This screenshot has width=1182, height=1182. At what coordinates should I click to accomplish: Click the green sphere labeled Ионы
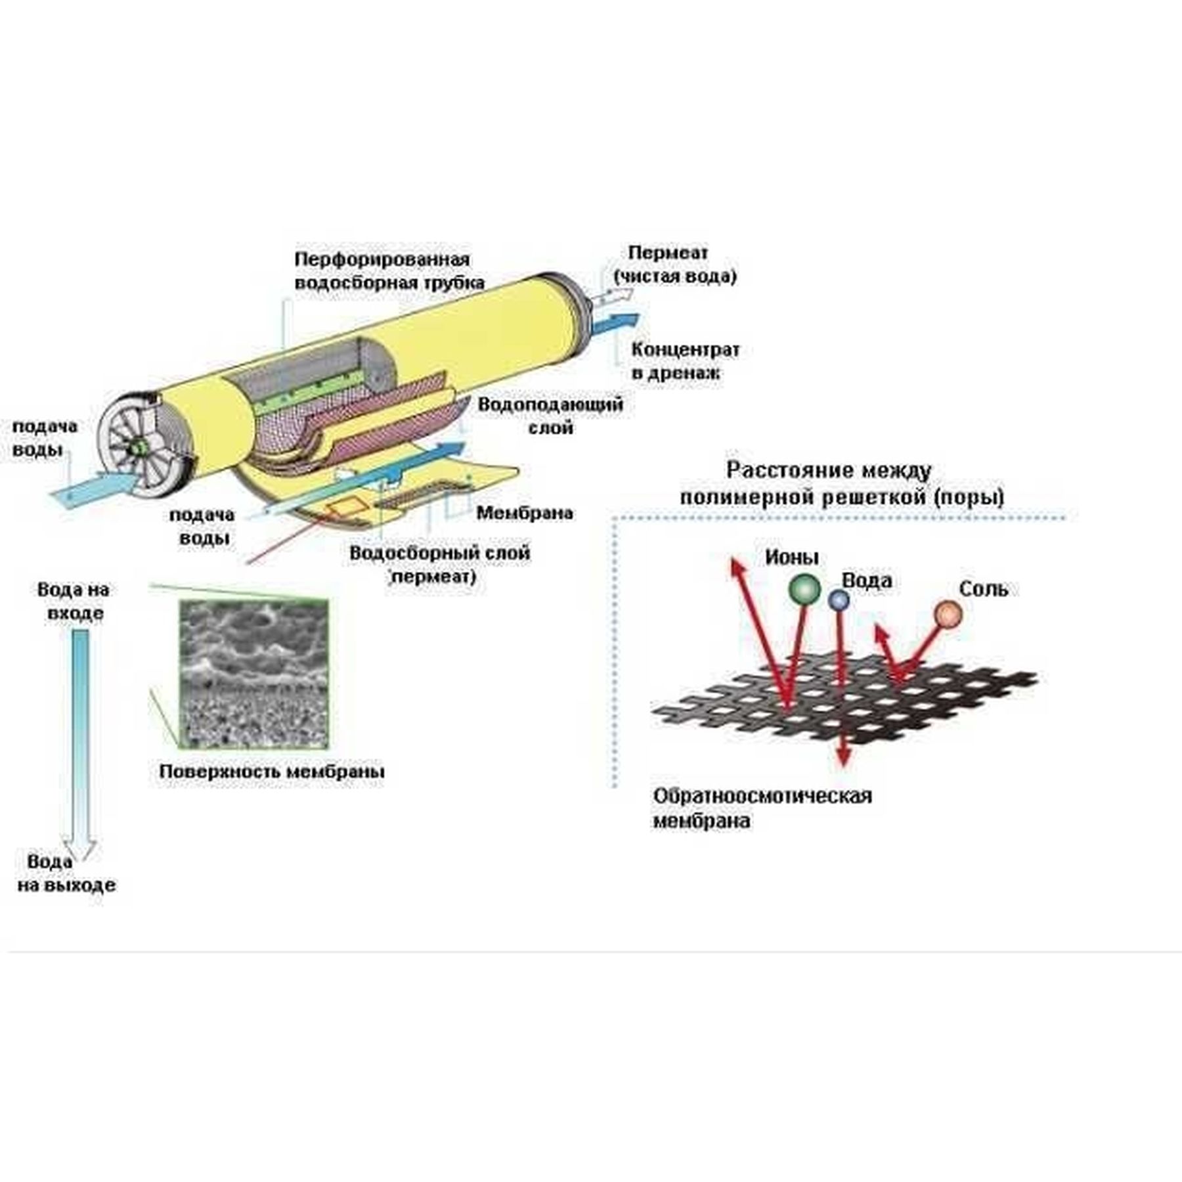point(804,589)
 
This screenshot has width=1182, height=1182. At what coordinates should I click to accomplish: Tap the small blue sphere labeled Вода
point(839,599)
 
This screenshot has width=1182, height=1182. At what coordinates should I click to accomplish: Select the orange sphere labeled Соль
point(949,615)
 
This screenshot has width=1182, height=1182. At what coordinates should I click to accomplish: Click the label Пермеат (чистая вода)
point(674,264)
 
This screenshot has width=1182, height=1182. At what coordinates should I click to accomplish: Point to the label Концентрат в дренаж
point(685,361)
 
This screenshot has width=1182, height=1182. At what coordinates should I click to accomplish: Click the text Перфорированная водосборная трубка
point(389,271)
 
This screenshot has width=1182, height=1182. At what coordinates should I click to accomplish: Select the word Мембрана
point(524,513)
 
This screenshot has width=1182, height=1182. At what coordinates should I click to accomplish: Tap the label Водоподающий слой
point(550,415)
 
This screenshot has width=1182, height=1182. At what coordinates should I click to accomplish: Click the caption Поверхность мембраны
point(272,772)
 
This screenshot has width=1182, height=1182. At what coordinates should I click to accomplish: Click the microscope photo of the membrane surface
point(253,674)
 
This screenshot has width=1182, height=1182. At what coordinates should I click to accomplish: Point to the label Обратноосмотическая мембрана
point(762,808)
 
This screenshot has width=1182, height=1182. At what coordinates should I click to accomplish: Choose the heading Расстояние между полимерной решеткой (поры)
point(841,484)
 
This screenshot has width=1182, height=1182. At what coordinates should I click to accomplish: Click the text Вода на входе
point(73,601)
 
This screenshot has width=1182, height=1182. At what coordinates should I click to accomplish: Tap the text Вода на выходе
point(66,874)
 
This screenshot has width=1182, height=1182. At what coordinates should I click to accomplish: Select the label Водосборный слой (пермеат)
point(439,564)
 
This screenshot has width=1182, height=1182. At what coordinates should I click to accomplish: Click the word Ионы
point(791,558)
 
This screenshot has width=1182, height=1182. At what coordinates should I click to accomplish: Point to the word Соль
point(983,589)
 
